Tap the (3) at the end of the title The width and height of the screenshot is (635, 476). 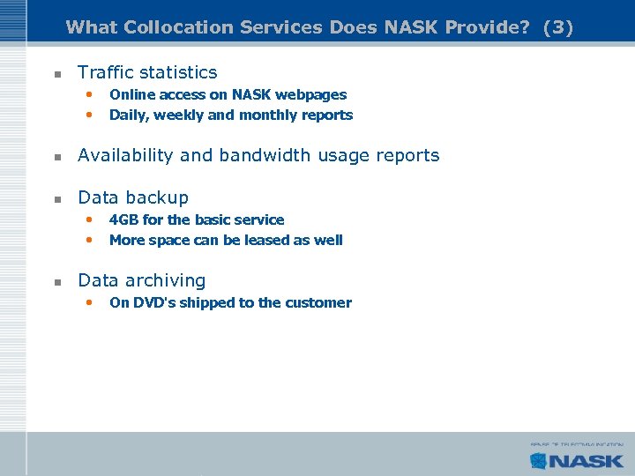[558, 27]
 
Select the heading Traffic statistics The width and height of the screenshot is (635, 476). [147, 72]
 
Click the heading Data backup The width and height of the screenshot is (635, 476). [133, 197]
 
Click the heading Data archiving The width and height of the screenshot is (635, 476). [141, 280]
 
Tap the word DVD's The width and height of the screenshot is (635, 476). [153, 302]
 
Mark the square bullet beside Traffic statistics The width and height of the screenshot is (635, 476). [56, 74]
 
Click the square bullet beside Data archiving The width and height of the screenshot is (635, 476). [56, 282]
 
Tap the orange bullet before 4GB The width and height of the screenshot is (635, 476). [88, 219]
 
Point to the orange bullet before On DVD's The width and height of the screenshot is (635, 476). [88, 302]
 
